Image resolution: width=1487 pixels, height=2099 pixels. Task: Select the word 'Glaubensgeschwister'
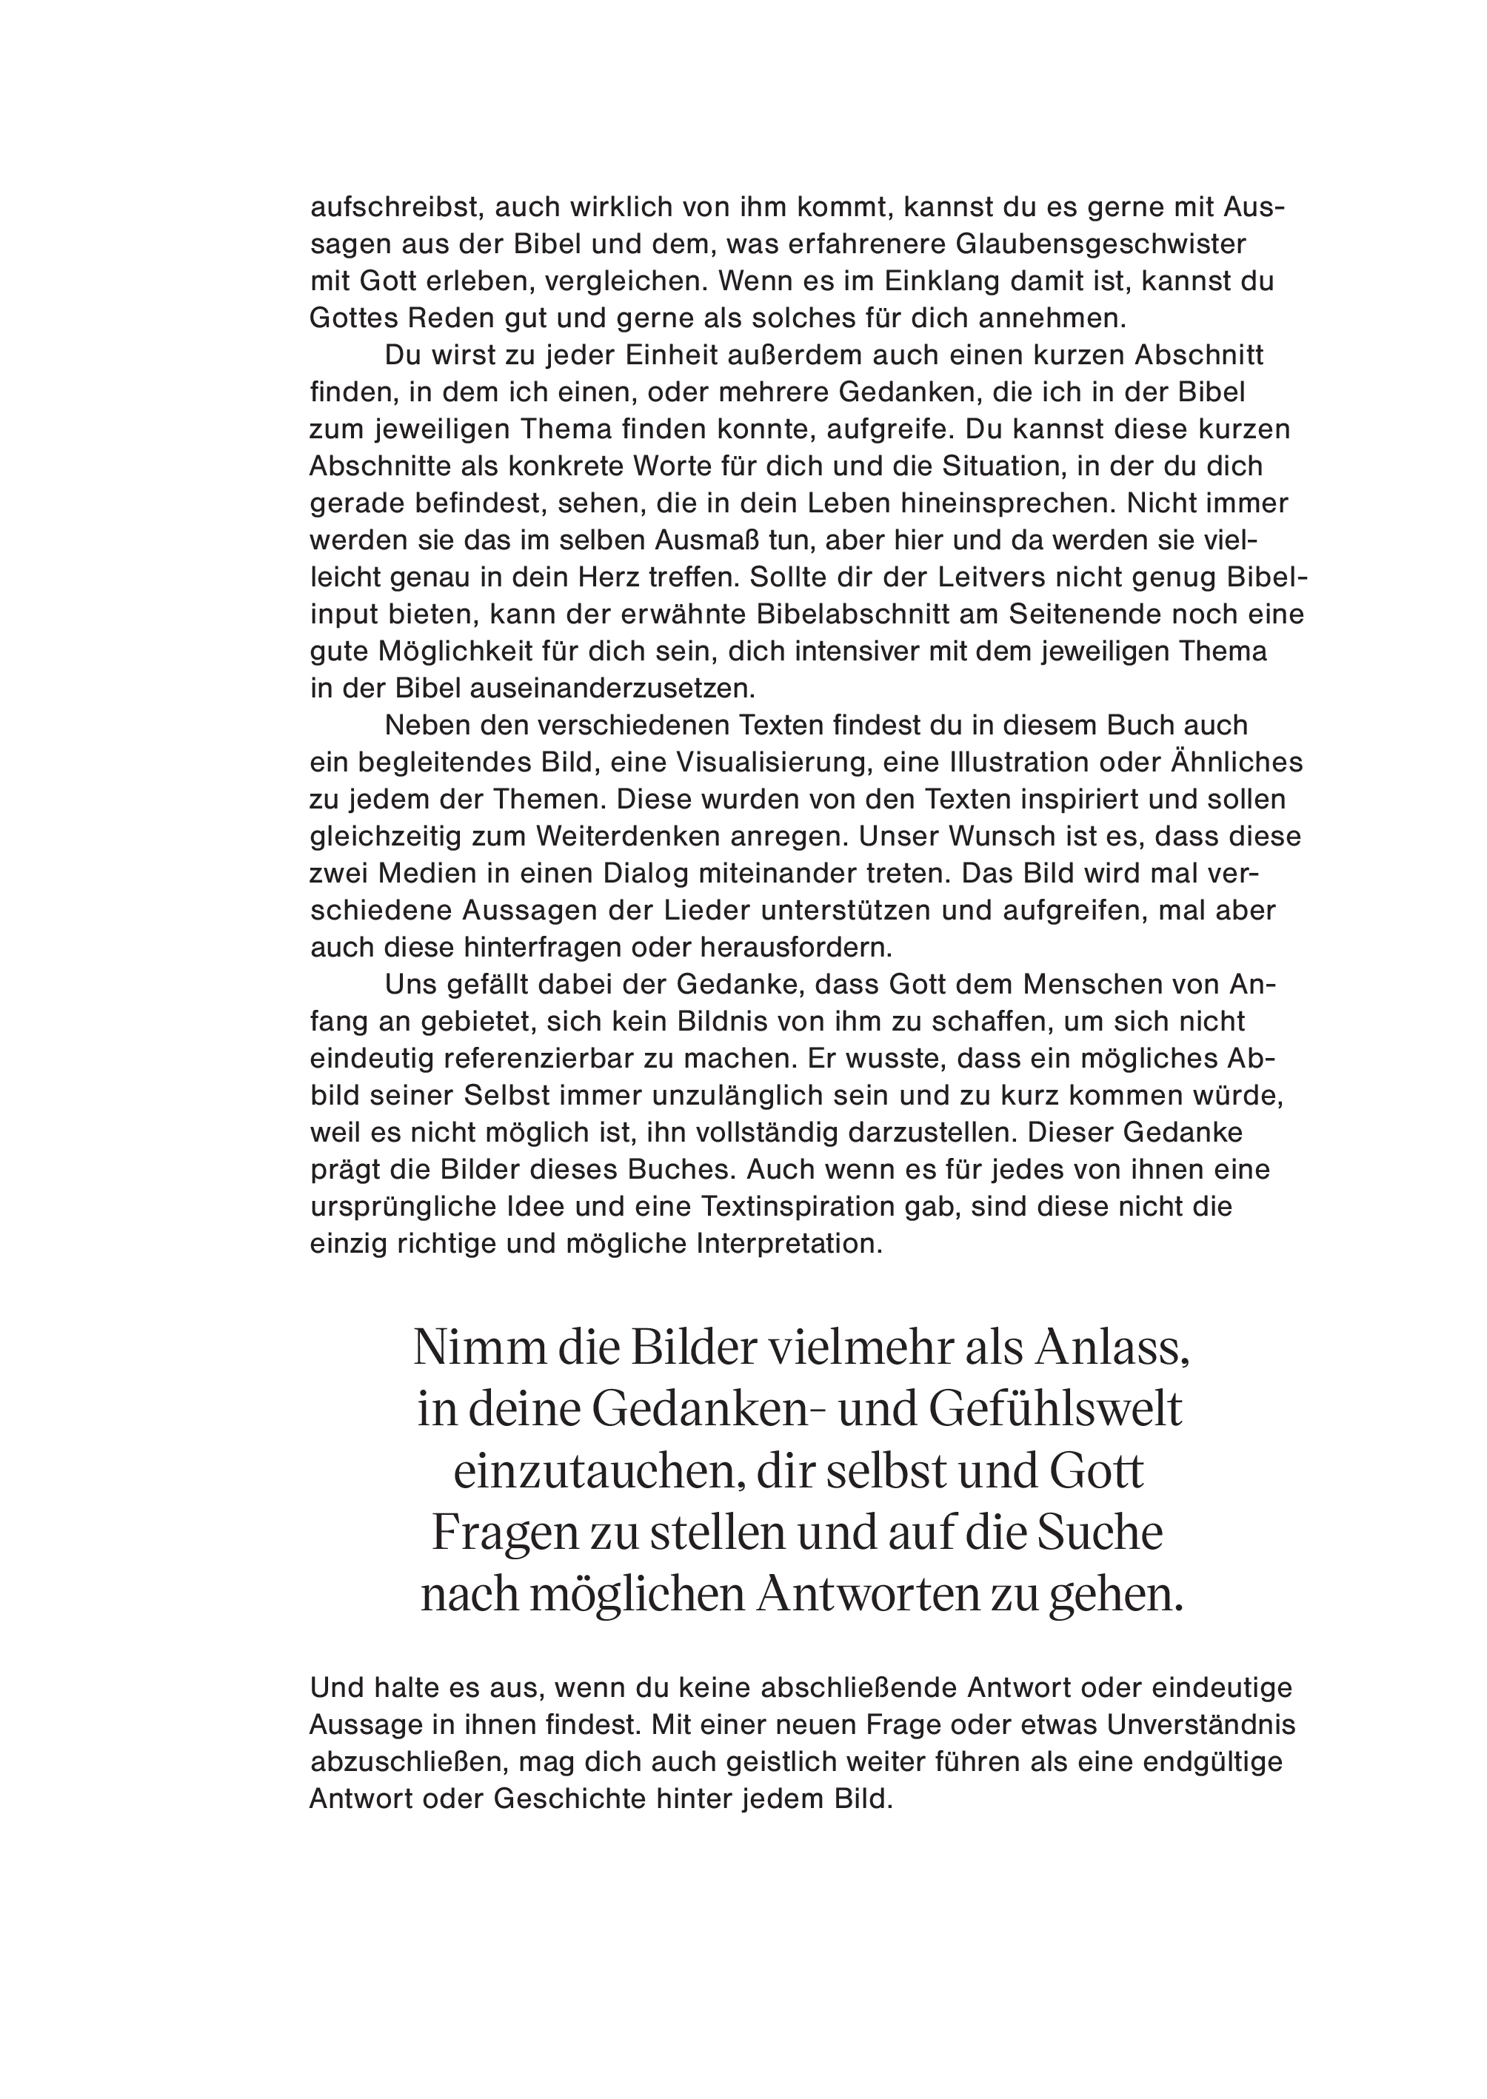1101,244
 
